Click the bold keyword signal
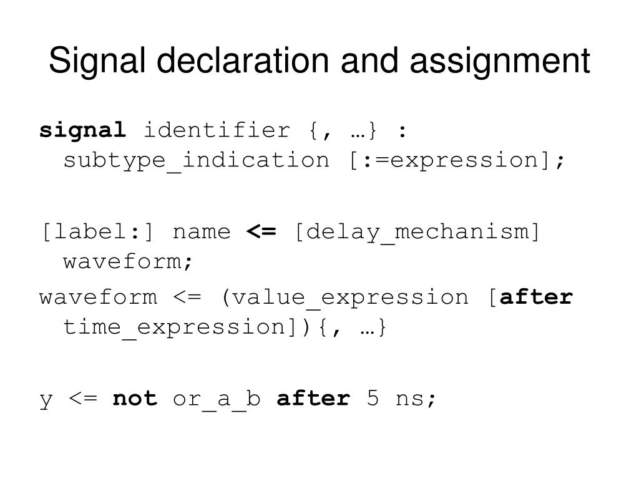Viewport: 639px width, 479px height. pos(82,131)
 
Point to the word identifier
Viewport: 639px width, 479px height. pos(218,131)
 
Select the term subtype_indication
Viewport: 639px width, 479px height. pos(196,160)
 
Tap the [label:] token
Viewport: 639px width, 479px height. pos(97,232)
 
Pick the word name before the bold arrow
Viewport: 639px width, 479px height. pos(201,232)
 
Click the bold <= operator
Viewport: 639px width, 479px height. pos(261,232)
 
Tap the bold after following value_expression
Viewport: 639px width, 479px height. pos(537,297)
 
